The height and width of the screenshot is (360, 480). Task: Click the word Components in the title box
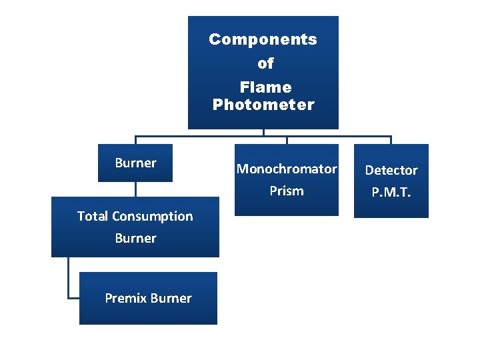coord(263,39)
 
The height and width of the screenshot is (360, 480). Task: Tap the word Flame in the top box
coord(265,87)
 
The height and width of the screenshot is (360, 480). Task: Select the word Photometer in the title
coord(263,105)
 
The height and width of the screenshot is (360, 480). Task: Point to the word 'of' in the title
coord(265,64)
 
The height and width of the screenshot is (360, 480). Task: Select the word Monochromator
coord(287,169)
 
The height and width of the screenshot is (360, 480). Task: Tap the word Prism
coord(287,191)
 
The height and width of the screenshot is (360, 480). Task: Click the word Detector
coord(391,171)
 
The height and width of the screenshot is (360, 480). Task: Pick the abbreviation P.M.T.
coord(391,193)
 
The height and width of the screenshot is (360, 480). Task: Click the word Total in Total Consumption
coord(93,217)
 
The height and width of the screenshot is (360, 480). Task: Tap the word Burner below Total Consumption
coord(135,239)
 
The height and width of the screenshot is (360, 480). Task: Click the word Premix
coord(126,299)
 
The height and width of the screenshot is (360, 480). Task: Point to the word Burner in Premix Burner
coord(171,299)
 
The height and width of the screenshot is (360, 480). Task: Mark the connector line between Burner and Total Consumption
coord(135,189)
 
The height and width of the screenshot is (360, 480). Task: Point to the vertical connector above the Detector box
coord(391,140)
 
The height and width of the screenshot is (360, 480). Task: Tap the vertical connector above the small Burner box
coord(135,140)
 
